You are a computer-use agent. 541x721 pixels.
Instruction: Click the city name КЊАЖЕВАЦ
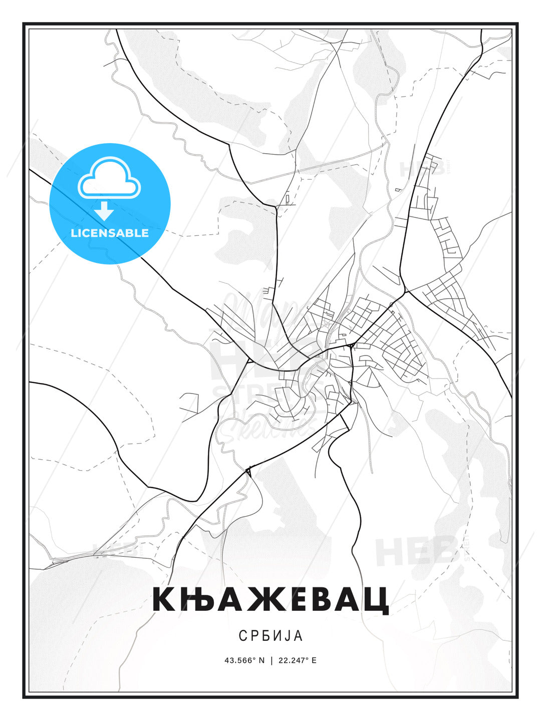point(270,599)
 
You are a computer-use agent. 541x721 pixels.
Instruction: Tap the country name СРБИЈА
point(270,635)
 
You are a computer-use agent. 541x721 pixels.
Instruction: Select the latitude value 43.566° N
point(244,660)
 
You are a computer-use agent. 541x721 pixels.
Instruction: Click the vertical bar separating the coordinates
point(271,660)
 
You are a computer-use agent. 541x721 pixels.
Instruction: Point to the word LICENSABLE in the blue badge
point(110,233)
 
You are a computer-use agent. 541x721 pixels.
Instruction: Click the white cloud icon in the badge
point(109,179)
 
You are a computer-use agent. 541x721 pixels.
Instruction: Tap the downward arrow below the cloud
point(104,211)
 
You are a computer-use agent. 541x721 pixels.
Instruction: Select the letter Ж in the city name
point(267,599)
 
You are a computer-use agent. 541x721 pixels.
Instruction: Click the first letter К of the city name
point(166,599)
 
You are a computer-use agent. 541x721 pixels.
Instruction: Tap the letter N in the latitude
point(261,660)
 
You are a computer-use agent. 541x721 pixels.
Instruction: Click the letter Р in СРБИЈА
point(255,635)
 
